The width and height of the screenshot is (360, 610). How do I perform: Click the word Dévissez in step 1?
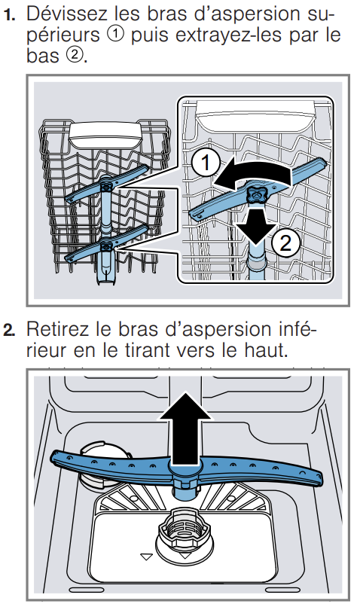(66, 14)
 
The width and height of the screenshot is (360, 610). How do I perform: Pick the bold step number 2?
(9, 331)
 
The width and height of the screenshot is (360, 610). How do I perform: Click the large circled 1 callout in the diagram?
(206, 163)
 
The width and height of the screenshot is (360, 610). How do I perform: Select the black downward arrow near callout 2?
(255, 226)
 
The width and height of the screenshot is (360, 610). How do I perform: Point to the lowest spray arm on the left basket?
(107, 246)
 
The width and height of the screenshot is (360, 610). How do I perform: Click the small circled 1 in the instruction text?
(115, 35)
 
